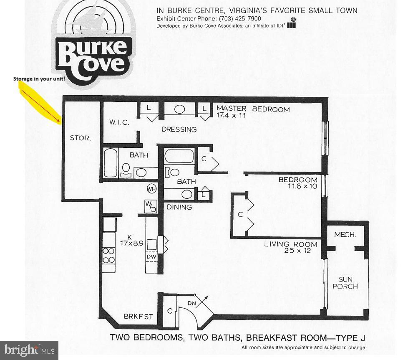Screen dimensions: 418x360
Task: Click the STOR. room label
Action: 81,138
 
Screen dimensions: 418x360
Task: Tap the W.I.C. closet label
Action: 119,122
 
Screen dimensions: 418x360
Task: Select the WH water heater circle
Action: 152,189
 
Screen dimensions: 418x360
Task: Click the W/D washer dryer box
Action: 151,207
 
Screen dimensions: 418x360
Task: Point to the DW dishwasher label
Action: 151,257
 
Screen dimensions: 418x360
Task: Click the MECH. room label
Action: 345,235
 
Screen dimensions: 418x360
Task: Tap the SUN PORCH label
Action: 345,283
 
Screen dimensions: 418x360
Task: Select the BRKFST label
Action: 138,317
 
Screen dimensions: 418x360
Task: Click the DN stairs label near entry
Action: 192,304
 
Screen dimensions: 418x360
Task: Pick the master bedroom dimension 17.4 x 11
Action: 231,116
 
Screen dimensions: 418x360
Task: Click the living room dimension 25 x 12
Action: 297,251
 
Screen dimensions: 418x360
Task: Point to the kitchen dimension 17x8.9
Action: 132,243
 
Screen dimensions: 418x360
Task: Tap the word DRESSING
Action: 179,129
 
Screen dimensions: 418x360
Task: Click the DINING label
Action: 179,207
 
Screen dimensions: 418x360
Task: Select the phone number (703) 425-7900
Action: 240,18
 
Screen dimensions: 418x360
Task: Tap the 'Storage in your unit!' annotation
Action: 39,79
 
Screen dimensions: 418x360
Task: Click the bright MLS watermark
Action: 29,350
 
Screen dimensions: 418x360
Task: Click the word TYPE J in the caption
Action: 350,338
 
